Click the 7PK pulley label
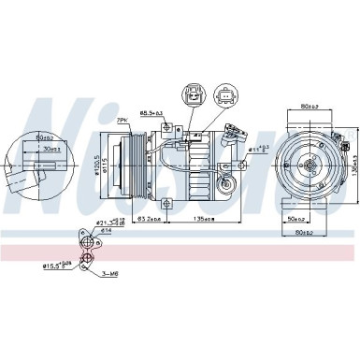pyautogui.click(x=122, y=121)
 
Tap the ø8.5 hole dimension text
pyautogui.click(x=151, y=113)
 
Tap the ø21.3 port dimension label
pyautogui.click(x=106, y=222)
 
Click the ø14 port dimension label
pyautogui.click(x=106, y=230)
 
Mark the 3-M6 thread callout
pyautogui.click(x=110, y=273)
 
